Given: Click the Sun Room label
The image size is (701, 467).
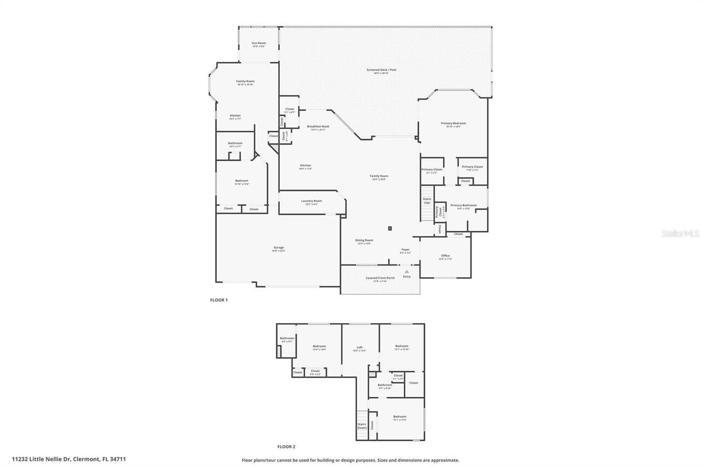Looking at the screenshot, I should point(258,43).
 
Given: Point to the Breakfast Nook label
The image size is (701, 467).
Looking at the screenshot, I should point(318,126).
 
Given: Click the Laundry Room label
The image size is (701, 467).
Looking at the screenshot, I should point(311,201).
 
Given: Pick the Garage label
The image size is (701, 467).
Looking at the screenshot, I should point(279,247).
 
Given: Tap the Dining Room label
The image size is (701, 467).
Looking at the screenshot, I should point(364,240).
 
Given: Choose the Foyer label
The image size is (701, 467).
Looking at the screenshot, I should point(405,250).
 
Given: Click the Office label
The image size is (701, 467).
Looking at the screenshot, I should point(445,256).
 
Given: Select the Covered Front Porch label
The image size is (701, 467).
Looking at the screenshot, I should point(380,278).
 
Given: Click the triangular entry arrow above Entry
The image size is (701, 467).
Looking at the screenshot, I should point(406,271).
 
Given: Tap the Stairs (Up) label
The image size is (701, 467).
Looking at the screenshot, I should point(427,200).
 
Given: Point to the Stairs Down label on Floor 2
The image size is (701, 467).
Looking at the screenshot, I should point(361,426).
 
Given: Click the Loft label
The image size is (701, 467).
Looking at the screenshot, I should point(360,347).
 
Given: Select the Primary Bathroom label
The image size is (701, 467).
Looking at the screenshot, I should point(463,205).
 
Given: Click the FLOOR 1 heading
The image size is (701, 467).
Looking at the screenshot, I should point(219,300).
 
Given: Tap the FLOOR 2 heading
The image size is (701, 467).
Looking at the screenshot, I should point(286,447).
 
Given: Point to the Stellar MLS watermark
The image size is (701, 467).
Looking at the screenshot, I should point(681,233).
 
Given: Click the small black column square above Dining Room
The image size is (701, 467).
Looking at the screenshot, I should point(389,228).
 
